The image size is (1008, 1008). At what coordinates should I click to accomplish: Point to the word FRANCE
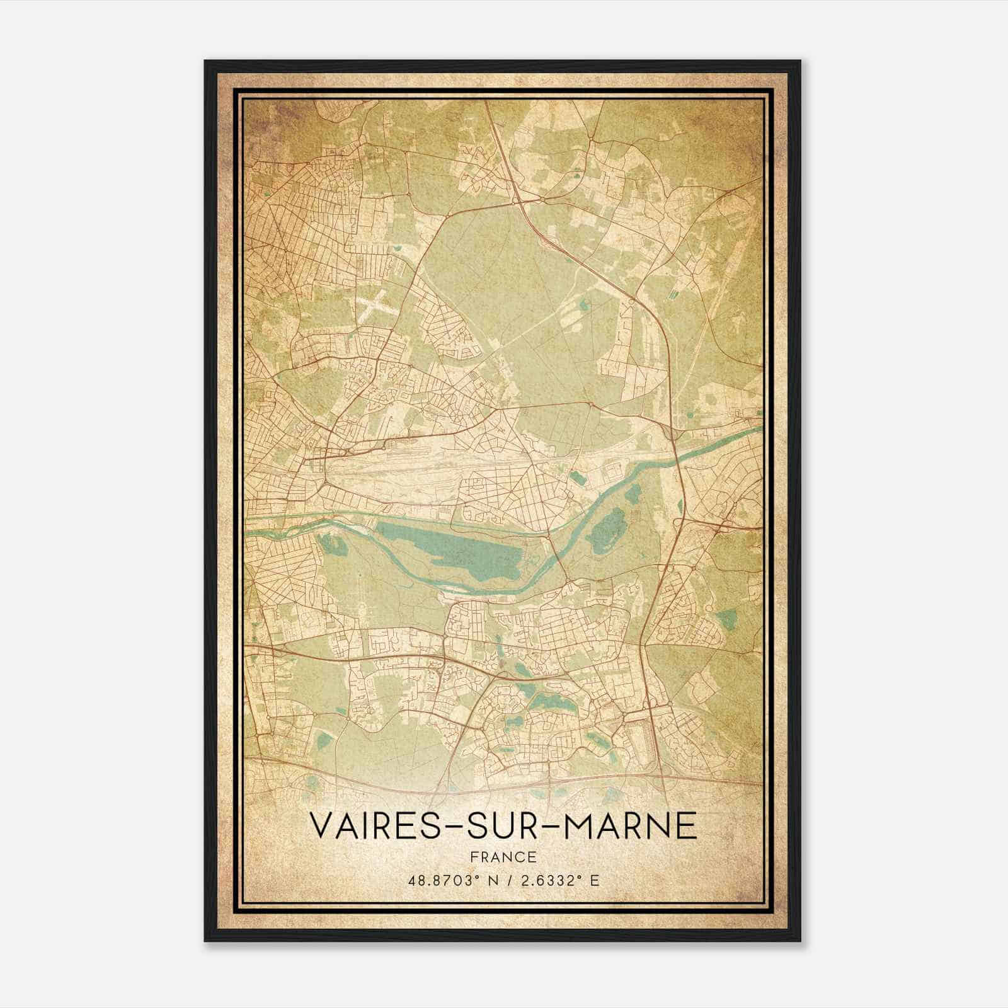click(503, 857)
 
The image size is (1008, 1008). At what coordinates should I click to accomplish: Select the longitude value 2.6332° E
click(558, 880)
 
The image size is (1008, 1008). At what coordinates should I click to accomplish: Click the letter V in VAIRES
click(321, 825)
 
